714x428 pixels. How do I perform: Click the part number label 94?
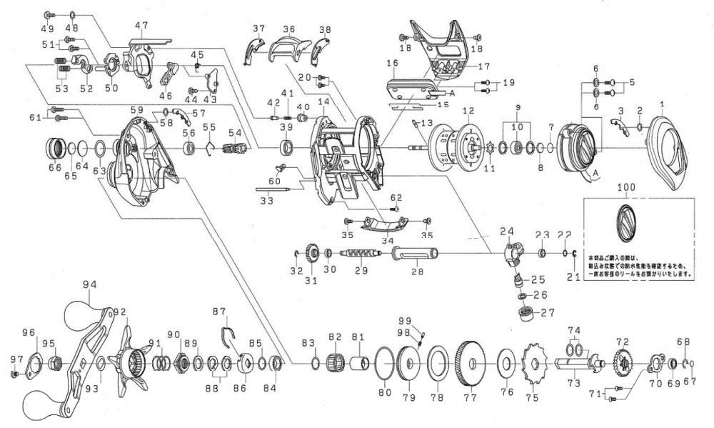[90, 284]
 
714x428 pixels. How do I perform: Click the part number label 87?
[220, 312]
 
